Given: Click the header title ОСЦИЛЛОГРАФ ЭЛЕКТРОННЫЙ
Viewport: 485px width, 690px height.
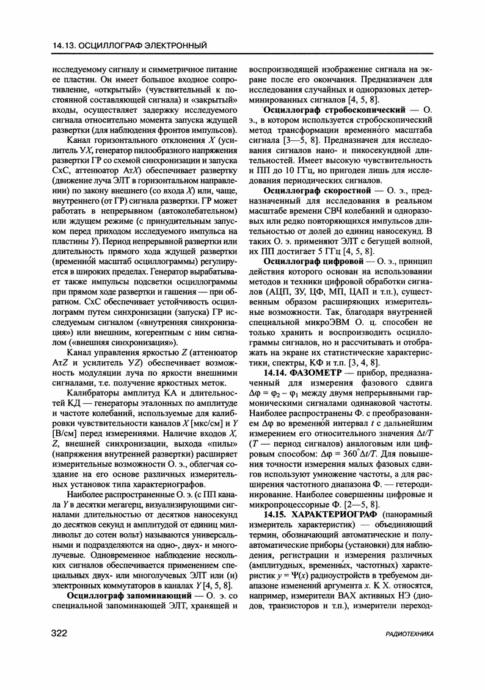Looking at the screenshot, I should click(x=144, y=45).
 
